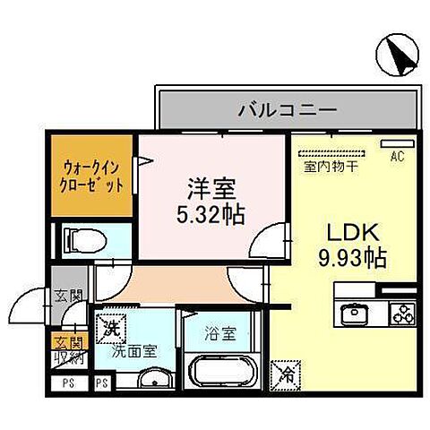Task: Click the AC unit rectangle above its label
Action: tap(394, 144)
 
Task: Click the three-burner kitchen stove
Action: tap(401, 314)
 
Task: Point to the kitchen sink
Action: tap(353, 314)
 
